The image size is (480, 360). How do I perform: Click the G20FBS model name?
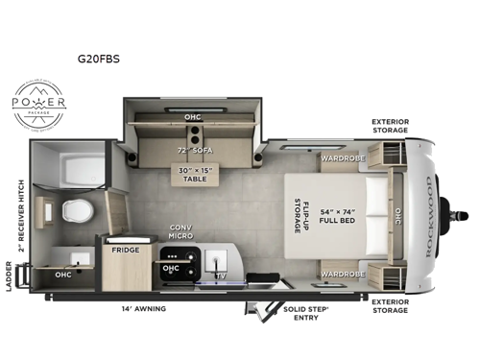click(106, 58)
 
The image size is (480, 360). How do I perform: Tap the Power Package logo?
click(38, 105)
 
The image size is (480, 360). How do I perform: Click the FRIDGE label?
click(125, 249)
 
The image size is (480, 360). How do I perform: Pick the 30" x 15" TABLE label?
click(194, 174)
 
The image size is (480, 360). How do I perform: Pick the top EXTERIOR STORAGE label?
click(392, 127)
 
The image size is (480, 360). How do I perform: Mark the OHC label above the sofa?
click(193, 116)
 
